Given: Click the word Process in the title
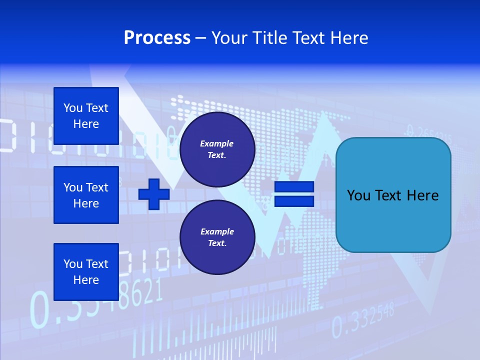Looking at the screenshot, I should click(157, 38).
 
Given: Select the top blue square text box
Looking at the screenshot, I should click(86, 116).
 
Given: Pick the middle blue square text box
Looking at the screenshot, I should click(86, 195).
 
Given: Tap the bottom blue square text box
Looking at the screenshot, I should click(86, 272).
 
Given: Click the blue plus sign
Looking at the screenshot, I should click(154, 194).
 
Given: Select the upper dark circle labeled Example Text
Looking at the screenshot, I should click(217, 149).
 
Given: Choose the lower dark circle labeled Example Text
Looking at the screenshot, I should click(217, 237).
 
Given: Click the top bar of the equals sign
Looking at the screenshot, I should click(294, 187).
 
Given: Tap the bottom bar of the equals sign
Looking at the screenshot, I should click(294, 201).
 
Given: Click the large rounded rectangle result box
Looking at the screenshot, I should click(393, 195).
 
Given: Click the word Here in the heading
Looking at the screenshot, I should click(348, 38).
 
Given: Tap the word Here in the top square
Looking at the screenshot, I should click(86, 124).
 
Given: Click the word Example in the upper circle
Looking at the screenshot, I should click(217, 143).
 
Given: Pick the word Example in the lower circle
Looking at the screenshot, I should click(217, 231).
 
